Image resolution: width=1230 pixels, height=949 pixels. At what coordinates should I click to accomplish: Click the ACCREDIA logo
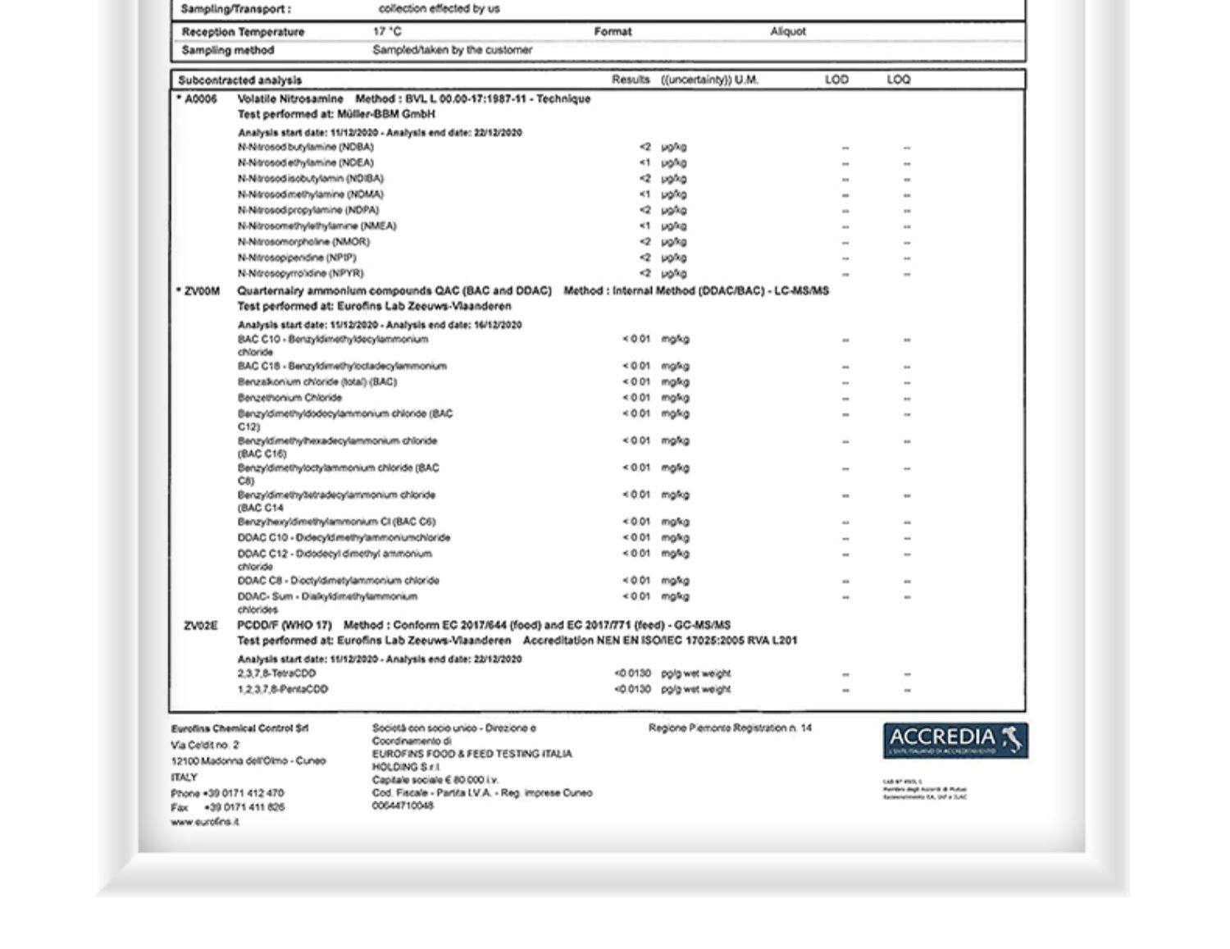pyautogui.click(x=955, y=740)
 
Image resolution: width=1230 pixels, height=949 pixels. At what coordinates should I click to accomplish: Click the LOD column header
pyautogui.click(x=836, y=80)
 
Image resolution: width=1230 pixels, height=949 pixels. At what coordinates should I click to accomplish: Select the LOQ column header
pyautogui.click(x=899, y=80)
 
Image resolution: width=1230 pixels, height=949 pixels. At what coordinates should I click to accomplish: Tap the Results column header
pyautogui.click(x=631, y=80)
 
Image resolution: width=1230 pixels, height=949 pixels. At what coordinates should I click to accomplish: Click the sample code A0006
pyautogui.click(x=200, y=99)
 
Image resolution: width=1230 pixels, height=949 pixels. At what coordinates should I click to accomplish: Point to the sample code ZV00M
pyautogui.click(x=202, y=291)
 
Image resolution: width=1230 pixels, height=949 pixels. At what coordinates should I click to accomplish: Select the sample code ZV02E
pyautogui.click(x=201, y=626)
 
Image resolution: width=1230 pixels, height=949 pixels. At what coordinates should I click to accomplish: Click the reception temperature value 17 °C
pyautogui.click(x=387, y=32)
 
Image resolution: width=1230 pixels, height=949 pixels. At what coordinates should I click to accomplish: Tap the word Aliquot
pyautogui.click(x=788, y=32)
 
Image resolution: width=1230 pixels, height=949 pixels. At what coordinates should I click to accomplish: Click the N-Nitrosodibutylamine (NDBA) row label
pyautogui.click(x=306, y=147)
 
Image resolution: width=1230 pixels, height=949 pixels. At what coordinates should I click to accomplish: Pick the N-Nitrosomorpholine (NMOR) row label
pyautogui.click(x=303, y=242)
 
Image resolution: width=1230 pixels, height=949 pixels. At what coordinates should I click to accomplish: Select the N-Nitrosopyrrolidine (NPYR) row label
pyautogui.click(x=300, y=273)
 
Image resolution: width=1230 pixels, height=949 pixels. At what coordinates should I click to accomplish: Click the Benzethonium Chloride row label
pyautogui.click(x=289, y=398)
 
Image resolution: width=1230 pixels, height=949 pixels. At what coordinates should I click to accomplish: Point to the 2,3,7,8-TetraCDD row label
pyautogui.click(x=276, y=673)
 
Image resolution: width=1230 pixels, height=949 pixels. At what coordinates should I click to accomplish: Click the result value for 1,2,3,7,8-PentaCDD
pyautogui.click(x=632, y=689)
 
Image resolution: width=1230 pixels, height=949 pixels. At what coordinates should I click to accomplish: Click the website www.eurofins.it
pyautogui.click(x=205, y=822)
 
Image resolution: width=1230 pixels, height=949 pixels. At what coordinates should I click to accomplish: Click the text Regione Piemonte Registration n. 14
pyautogui.click(x=730, y=728)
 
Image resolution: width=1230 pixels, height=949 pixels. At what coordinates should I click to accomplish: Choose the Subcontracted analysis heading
pyautogui.click(x=240, y=80)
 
